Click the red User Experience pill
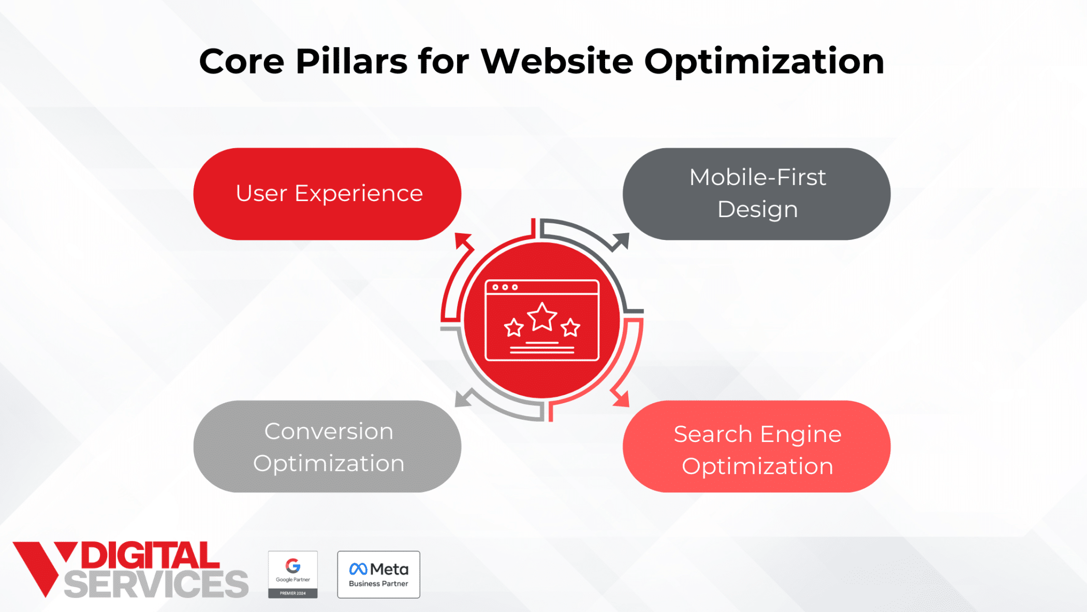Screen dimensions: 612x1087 (327, 194)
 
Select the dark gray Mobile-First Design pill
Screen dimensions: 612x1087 (756, 194)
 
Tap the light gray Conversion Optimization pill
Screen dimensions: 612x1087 (327, 446)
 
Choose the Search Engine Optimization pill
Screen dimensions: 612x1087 (756, 446)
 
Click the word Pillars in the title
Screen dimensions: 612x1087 (351, 62)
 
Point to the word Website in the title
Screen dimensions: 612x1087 (556, 62)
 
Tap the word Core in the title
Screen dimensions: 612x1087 (241, 62)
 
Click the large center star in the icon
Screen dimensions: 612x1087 (542, 317)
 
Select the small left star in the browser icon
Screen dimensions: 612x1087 (513, 328)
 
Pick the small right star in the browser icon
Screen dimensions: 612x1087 (570, 328)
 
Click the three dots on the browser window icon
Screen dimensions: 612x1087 (505, 287)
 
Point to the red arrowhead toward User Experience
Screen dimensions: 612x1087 (463, 241)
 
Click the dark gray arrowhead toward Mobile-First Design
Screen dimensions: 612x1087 (621, 241)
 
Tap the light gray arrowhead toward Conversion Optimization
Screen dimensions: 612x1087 (463, 398)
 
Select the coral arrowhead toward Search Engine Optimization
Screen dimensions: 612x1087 (621, 398)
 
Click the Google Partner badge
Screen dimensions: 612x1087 (292, 574)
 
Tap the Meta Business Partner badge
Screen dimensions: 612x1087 (378, 574)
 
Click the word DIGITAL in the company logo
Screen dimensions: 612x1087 (150, 556)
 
